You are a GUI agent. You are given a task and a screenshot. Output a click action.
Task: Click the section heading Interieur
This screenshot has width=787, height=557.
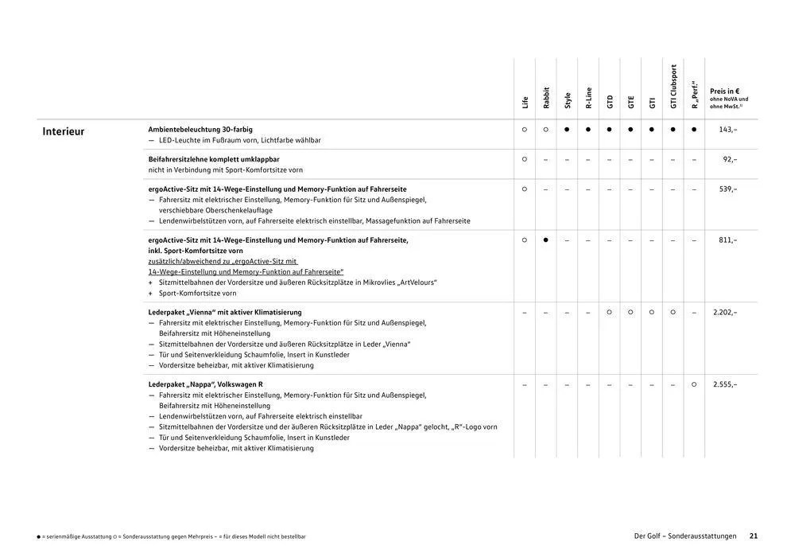pos(64,132)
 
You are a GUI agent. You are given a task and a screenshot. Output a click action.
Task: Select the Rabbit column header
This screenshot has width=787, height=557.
pos(546,97)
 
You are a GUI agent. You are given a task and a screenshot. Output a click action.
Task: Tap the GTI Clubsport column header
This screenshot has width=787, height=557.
pos(673,87)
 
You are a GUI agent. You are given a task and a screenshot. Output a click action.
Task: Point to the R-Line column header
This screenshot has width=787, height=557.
pos(588,97)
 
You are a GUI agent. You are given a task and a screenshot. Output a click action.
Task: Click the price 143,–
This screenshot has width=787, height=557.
pos(727,129)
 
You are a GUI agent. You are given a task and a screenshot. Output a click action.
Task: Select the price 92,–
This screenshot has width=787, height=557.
pos(730,159)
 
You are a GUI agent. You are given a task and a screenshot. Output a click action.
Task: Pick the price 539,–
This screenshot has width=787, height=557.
pos(727,189)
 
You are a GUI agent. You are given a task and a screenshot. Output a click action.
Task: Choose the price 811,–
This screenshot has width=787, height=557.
pos(727,240)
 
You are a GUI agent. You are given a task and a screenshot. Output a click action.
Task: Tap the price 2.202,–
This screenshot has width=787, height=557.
pos(725,312)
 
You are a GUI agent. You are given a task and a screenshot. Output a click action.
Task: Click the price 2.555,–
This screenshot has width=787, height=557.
pos(725,384)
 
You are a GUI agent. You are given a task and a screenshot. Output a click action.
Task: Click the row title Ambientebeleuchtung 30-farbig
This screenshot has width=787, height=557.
pos(200,129)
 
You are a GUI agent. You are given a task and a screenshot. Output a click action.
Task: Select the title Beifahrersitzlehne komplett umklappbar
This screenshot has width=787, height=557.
pos(214,159)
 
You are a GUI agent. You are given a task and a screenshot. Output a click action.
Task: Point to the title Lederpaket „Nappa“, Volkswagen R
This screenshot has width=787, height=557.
pos(205,384)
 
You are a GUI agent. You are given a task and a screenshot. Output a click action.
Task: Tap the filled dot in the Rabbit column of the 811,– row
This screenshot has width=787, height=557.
pos(546,240)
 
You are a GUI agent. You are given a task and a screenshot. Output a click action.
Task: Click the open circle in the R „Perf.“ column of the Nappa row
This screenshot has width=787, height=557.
pos(694,384)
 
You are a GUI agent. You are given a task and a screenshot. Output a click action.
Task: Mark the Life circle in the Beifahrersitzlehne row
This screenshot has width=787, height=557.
pos(525,159)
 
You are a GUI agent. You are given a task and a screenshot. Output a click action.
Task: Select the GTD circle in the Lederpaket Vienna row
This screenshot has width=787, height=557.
pos(610,312)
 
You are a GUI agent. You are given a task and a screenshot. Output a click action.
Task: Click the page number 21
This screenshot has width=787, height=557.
pos(754,536)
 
